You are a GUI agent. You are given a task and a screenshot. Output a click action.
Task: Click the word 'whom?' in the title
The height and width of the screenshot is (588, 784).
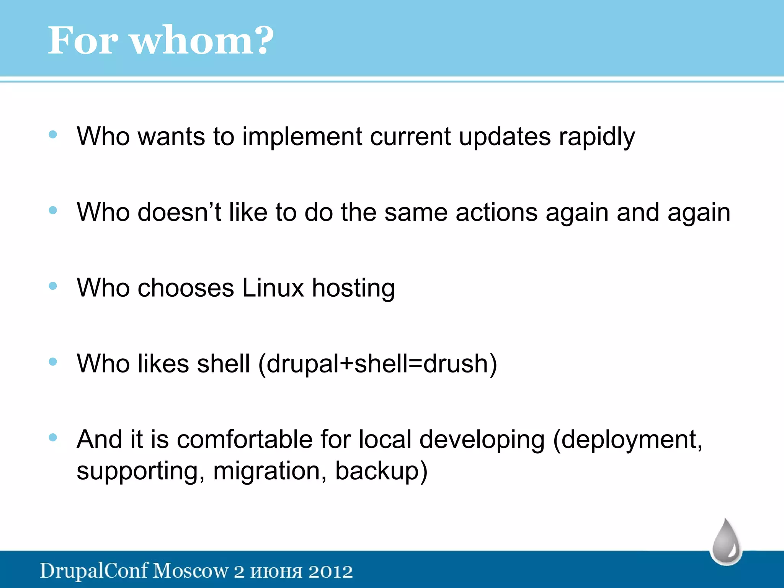[203, 40]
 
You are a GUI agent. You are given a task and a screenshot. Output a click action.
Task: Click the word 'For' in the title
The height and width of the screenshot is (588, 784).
[83, 40]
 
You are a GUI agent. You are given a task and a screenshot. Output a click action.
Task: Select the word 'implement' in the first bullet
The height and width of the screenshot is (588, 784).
[302, 137]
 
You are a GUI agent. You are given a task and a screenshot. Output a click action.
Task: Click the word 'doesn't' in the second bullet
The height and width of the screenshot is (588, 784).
[179, 212]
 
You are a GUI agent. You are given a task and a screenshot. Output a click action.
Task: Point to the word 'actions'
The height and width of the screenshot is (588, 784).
[497, 212]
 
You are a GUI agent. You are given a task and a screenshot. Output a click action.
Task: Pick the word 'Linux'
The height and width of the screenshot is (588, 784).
[273, 288]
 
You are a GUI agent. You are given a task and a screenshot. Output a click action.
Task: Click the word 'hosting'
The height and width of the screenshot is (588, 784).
[353, 288]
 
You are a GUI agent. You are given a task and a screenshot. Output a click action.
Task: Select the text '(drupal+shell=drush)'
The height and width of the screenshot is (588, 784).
[377, 364]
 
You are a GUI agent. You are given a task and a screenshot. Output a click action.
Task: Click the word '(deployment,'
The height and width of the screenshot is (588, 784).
[628, 439]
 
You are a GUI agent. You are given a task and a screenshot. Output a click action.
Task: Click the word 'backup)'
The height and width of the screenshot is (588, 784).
[381, 471]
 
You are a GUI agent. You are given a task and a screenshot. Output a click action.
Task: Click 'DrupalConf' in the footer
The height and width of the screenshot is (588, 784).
[94, 571]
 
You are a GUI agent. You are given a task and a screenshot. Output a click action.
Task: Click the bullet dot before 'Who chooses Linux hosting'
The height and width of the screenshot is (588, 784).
[53, 286]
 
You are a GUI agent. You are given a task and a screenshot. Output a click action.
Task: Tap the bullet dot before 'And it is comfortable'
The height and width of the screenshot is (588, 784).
[53, 437]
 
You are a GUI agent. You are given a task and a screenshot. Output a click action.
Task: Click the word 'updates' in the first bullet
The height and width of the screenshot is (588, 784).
[505, 137]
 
